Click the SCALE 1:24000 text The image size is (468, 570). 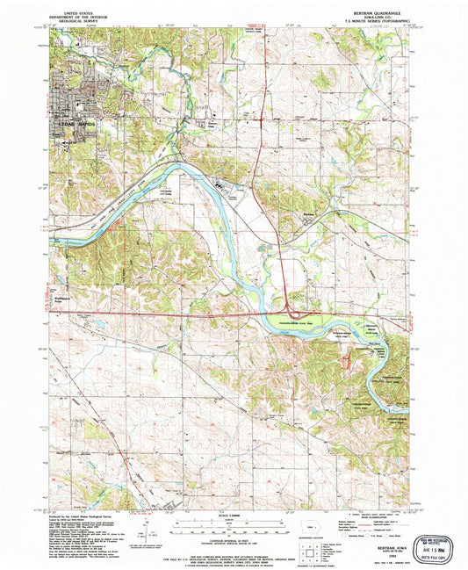click(x=234, y=509)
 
